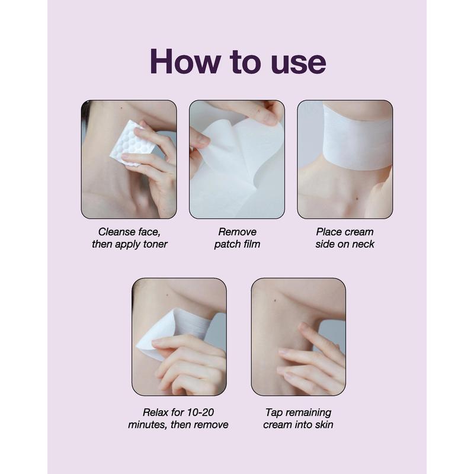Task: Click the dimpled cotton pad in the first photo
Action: click(132, 143)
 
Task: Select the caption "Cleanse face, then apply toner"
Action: click(129, 238)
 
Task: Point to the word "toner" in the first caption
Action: click(154, 244)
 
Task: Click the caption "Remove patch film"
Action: click(238, 238)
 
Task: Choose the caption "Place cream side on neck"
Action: click(345, 238)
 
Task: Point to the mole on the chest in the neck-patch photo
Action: click(357, 198)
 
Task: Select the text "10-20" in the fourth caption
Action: click(200, 412)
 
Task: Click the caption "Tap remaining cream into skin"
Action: click(299, 418)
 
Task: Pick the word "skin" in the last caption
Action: click(324, 424)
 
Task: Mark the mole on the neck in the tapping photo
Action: click(275, 300)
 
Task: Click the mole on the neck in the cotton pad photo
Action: click(121, 107)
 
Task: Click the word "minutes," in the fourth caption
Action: click(148, 425)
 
